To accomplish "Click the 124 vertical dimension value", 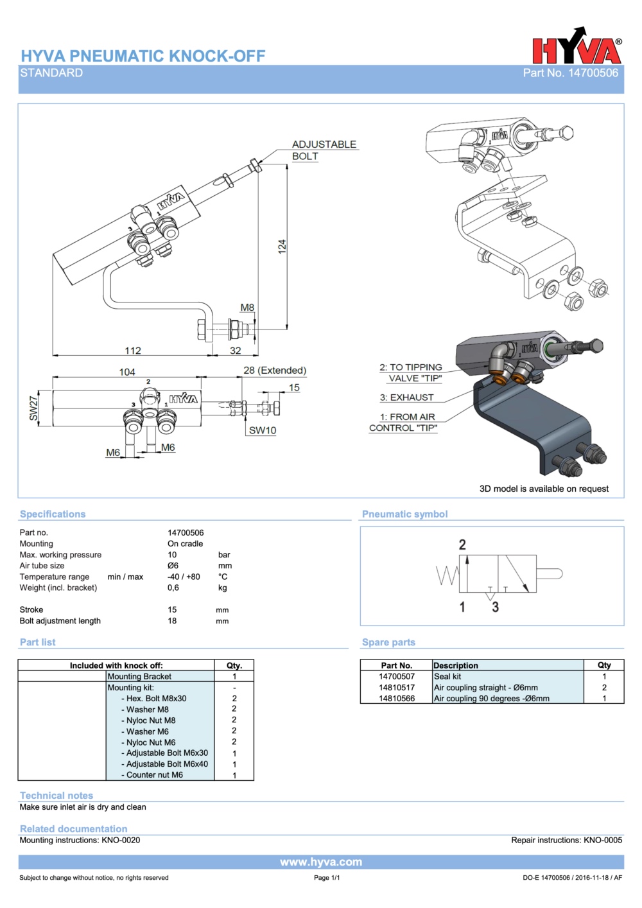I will click(x=282, y=247).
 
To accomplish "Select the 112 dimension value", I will click(x=133, y=351).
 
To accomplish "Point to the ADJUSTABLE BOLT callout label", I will click(x=324, y=150).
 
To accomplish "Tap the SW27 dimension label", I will click(x=34, y=408).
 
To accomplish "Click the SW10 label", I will click(x=263, y=430).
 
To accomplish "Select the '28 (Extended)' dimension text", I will click(x=275, y=371).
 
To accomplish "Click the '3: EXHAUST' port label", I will click(x=406, y=397).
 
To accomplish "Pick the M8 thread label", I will click(x=247, y=308).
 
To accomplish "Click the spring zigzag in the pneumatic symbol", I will click(x=447, y=575).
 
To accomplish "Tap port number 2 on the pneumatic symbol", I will click(x=462, y=545).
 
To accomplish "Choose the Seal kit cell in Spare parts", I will click(x=447, y=676).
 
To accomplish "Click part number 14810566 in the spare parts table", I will click(x=397, y=699).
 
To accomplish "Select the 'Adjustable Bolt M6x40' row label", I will click(x=167, y=764).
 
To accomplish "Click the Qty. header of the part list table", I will click(x=234, y=666).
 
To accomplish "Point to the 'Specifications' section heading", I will click(x=53, y=514).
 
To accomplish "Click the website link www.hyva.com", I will click(x=321, y=862).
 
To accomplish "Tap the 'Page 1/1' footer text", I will click(x=327, y=878).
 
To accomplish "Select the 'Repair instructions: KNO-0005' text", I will click(x=566, y=840).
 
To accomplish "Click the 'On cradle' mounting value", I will click(x=185, y=544).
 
